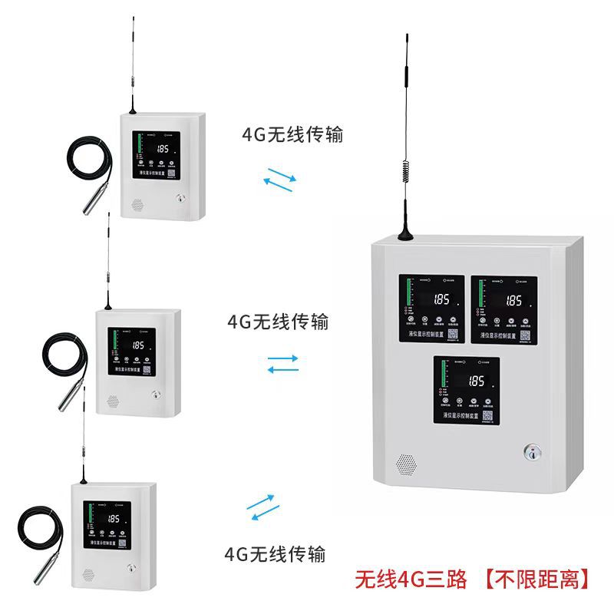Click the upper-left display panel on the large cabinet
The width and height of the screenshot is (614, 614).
coord(431,309)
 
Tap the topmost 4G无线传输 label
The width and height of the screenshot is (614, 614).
coord(292,136)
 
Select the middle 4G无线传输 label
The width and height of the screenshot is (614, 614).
coord(278,321)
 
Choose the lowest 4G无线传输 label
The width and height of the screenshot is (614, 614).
coord(274,553)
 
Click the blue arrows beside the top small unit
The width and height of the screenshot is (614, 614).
coord(279,179)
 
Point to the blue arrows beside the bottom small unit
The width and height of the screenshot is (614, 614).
coord(260,507)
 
